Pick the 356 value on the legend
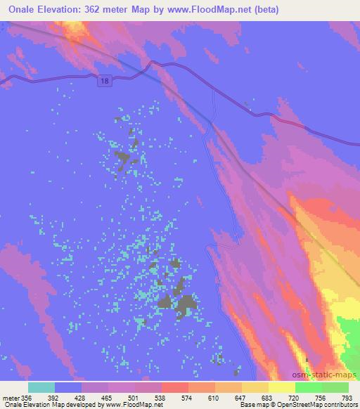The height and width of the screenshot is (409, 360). [x=27, y=397]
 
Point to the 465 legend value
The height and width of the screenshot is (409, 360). [x=107, y=397]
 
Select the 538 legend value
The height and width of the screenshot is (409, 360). [x=161, y=397]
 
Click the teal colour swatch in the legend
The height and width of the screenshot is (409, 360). [x=41, y=387]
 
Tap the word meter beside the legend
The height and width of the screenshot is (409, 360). [x=11, y=397]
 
